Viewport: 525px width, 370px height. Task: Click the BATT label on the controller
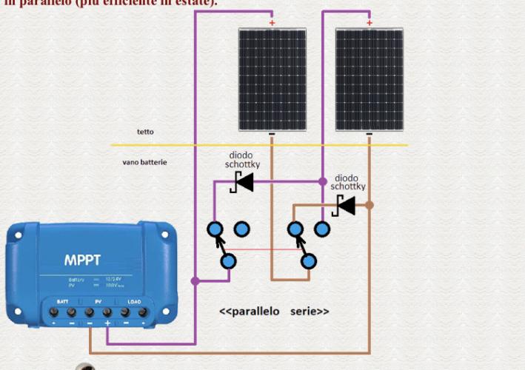(62, 303)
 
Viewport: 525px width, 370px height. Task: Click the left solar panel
(272, 78)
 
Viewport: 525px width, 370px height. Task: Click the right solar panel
(369, 78)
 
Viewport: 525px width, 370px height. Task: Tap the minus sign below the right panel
(369, 135)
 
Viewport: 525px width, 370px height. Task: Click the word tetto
(145, 132)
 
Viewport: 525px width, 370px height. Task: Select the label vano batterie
(144, 161)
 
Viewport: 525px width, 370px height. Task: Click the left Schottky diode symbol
(242, 181)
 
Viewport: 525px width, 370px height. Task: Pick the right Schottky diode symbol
(345, 205)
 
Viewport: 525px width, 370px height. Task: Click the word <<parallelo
(250, 312)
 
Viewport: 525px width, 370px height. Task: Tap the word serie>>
(310, 312)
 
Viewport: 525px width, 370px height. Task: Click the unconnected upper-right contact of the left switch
(241, 229)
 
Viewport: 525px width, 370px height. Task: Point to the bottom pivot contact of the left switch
(229, 260)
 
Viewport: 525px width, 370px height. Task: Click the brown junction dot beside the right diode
(369, 205)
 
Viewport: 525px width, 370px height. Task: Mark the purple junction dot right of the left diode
(322, 181)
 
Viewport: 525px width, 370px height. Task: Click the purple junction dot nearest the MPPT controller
(195, 281)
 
